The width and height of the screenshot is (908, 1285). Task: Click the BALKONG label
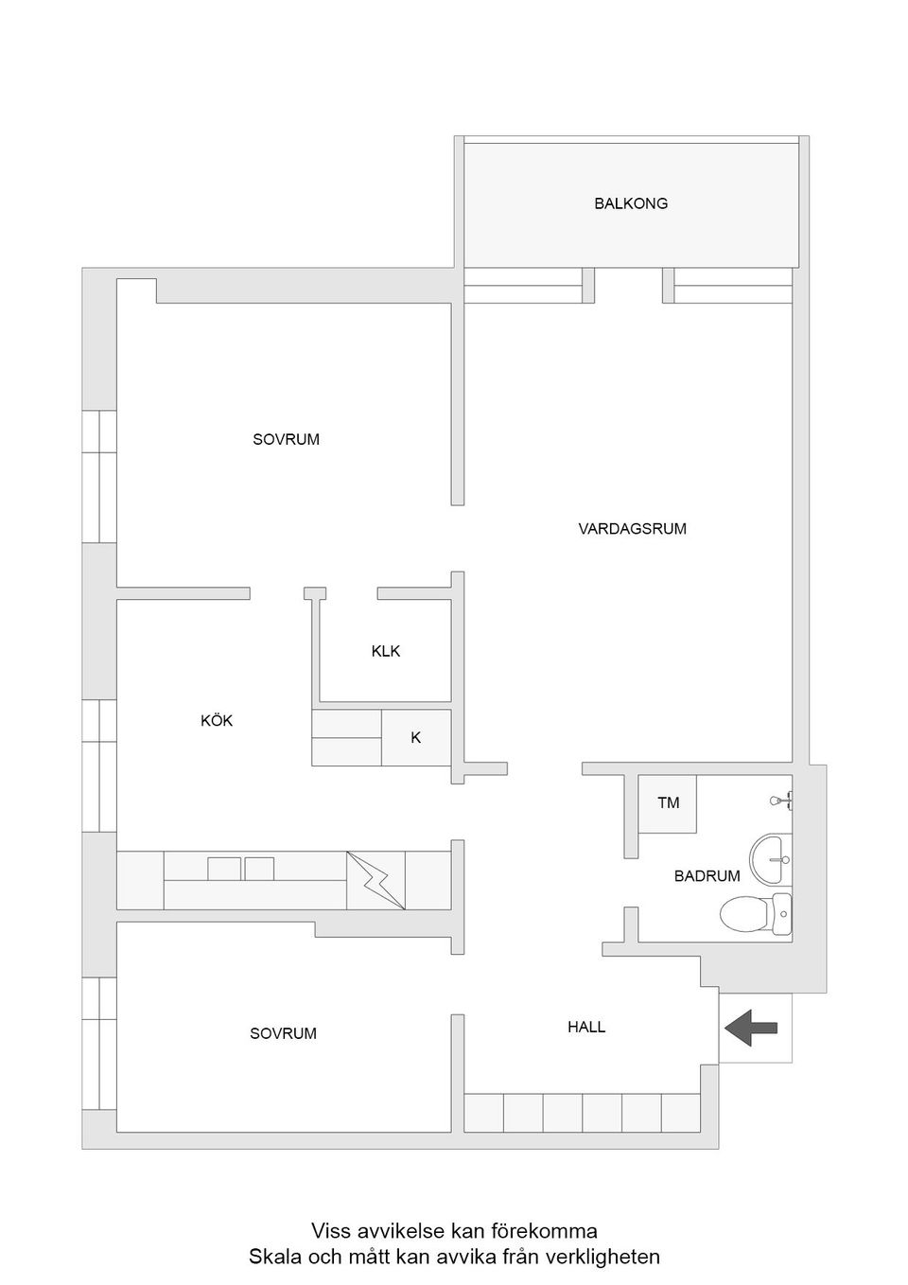(631, 203)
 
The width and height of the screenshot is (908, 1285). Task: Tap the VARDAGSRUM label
(632, 529)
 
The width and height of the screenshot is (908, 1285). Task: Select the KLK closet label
(386, 651)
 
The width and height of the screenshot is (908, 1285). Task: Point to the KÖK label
(217, 721)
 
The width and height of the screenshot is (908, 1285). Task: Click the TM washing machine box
(668, 803)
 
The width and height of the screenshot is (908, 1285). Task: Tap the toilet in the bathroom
(756, 914)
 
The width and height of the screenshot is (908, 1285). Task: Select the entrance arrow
(751, 1028)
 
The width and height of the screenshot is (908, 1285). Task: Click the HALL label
(586, 1027)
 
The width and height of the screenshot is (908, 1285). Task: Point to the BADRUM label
(707, 876)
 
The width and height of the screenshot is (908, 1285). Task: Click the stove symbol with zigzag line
(375, 881)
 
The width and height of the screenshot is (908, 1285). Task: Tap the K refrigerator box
(416, 737)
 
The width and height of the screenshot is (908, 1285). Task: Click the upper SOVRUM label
(286, 440)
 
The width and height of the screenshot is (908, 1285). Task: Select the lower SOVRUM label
(283, 1034)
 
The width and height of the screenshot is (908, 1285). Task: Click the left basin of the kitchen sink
(224, 869)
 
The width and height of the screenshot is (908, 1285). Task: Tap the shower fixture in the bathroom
(781, 801)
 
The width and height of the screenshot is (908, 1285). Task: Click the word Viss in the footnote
(332, 1232)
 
